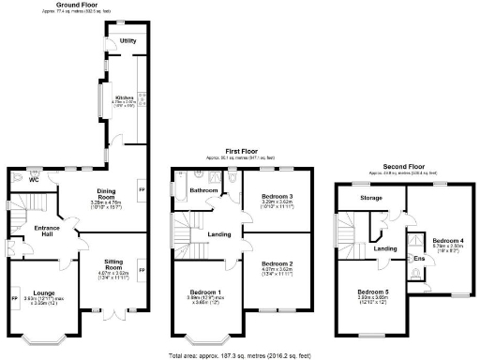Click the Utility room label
[x=128, y=41]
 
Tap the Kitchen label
[x=125, y=97]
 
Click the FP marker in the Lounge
[x=15, y=299]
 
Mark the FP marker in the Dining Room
[x=142, y=190]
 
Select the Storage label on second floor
[x=357, y=199]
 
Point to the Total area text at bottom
[x=239, y=355]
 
